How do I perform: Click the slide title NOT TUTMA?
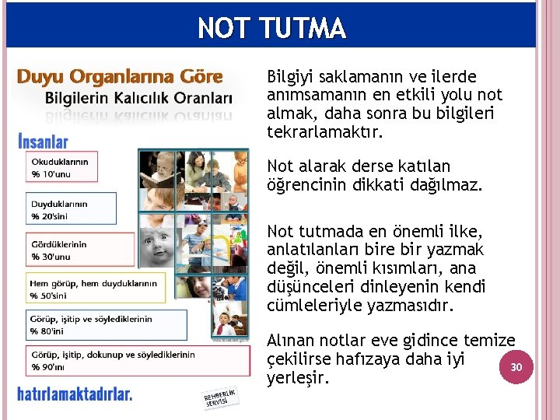point(271,29)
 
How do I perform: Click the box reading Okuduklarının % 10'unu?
point(61,166)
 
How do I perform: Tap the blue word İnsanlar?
point(43,142)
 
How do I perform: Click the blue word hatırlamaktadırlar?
point(75,394)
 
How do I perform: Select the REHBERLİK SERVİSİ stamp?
point(219,399)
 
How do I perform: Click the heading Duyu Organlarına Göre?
point(121,77)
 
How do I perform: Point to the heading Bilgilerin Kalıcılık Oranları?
point(138,99)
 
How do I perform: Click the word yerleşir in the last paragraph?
point(299,378)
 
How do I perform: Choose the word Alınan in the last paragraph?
point(291,341)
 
